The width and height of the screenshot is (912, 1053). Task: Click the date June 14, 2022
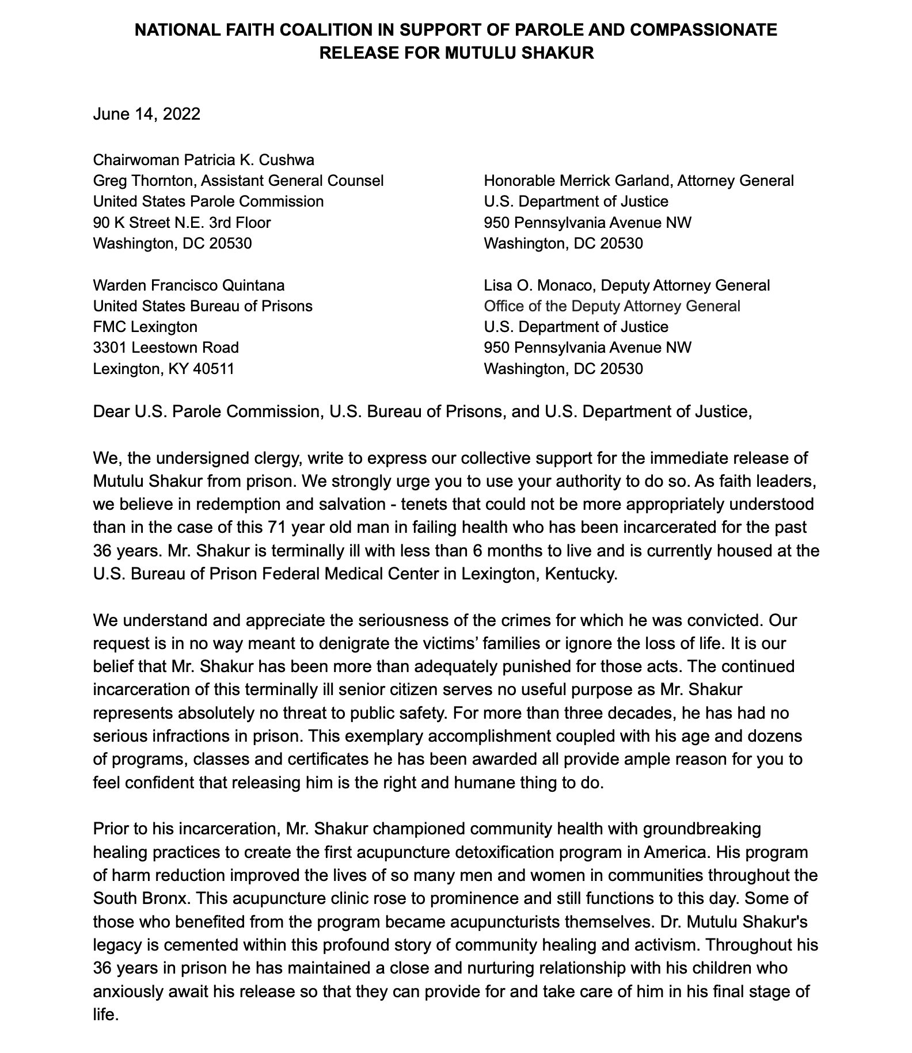click(x=146, y=114)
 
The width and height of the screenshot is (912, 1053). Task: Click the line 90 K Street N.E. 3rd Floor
click(x=182, y=222)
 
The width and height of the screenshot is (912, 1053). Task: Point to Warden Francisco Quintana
click(x=189, y=285)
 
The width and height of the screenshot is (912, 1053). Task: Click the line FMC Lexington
click(x=145, y=327)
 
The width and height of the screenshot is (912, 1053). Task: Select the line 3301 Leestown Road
click(x=166, y=348)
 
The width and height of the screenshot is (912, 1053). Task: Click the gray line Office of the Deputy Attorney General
click(x=612, y=306)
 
